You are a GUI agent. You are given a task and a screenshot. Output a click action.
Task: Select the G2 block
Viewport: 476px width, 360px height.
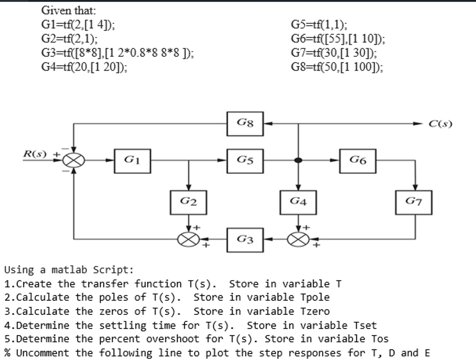[x=188, y=202]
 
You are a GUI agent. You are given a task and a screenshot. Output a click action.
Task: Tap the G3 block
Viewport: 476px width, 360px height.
[x=245, y=240]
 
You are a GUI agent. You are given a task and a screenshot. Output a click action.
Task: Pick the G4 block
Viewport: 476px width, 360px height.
[x=298, y=202]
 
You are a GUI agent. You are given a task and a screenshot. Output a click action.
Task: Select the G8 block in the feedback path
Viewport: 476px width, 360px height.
[x=245, y=123]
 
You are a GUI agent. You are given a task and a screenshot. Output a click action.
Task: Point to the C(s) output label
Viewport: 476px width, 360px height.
[x=441, y=124]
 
